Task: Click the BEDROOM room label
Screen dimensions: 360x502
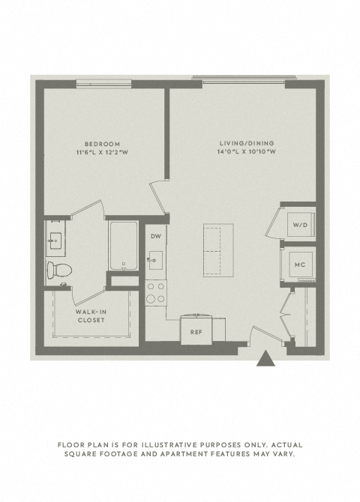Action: coord(102,144)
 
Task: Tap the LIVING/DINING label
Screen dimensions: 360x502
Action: coord(247,143)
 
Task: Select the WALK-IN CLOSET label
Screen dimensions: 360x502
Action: coord(91,316)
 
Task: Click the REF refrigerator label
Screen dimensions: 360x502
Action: coord(196,333)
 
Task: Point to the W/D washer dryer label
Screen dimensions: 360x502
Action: coord(300,225)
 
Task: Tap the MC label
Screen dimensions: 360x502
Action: coord(300,264)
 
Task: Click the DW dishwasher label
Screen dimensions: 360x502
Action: coord(156,236)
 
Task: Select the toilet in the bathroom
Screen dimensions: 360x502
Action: coord(59,270)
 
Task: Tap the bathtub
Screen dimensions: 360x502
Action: coord(124,246)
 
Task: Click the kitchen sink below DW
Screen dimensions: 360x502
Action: coord(155,260)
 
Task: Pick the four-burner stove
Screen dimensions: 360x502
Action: coord(156,293)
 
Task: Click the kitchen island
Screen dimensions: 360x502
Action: coord(218,250)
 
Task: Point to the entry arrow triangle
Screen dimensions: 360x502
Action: coord(265,359)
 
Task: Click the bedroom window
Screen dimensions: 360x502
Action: coord(103,84)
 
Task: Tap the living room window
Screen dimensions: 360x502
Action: coord(244,79)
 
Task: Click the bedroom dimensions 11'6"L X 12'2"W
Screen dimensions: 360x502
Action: coord(102,152)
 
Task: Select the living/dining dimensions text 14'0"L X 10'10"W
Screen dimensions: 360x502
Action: coord(247,151)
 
